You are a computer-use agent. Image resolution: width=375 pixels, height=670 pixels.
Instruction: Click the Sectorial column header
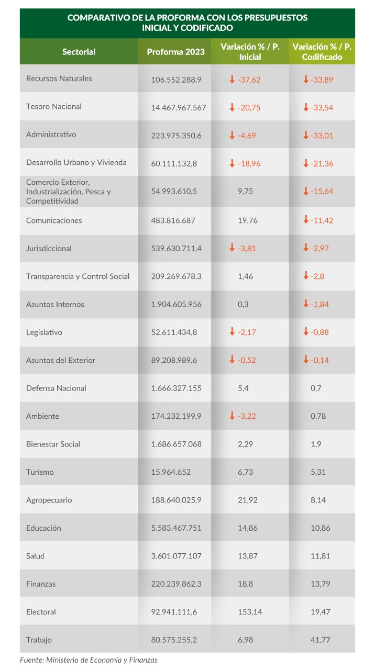(x=79, y=52)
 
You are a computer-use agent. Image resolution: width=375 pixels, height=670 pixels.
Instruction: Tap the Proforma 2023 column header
(x=175, y=52)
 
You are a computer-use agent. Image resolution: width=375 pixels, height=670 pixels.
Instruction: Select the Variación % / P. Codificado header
(x=322, y=52)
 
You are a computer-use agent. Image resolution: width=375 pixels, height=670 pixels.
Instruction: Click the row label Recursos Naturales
(x=59, y=79)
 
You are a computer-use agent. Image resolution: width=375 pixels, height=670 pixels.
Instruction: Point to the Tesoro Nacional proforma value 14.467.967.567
(x=179, y=108)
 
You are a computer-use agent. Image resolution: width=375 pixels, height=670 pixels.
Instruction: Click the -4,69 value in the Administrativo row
(x=247, y=136)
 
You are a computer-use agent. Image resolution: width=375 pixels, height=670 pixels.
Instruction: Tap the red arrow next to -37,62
(x=232, y=79)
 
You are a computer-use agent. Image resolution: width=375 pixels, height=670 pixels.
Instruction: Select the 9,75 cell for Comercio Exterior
(x=246, y=191)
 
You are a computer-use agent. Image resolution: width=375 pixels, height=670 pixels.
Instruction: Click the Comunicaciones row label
(x=54, y=220)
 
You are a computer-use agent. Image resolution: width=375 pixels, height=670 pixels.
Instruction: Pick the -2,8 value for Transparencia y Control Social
(x=317, y=276)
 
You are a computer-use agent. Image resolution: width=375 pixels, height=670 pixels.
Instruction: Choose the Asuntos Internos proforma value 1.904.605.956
(x=177, y=304)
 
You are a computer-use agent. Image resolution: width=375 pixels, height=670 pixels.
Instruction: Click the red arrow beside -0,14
(x=306, y=359)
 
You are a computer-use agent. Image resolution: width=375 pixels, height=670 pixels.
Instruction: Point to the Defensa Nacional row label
(x=56, y=388)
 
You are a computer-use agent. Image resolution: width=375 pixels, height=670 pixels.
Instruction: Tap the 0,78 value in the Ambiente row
(x=318, y=416)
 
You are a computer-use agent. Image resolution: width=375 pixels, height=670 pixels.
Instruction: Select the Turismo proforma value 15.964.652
(x=171, y=472)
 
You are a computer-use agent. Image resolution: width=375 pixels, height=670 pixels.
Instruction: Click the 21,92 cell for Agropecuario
(x=248, y=500)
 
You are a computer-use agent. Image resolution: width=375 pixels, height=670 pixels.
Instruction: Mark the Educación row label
(x=43, y=528)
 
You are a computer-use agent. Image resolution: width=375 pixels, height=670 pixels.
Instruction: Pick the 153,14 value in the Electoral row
(x=250, y=612)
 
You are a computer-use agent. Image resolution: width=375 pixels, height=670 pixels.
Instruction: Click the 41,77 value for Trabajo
(x=320, y=640)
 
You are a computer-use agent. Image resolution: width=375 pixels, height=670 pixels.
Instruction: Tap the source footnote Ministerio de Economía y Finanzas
(x=102, y=660)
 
